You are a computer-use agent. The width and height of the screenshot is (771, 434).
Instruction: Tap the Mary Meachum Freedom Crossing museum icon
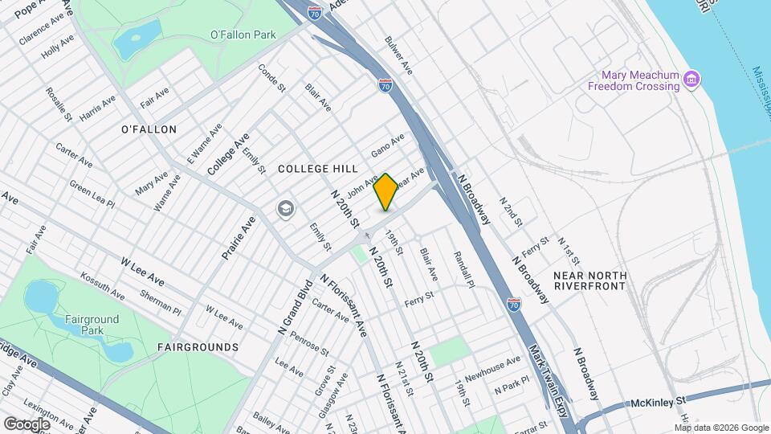point(691,80)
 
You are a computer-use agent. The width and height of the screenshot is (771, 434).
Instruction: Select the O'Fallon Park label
point(243,35)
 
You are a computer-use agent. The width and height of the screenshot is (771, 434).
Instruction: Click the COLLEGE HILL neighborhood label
point(316,169)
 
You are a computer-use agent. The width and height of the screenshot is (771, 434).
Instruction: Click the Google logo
point(27,424)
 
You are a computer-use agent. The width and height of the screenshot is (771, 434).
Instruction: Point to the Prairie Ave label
point(239,236)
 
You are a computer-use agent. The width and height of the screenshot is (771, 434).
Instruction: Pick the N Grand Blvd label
point(294,308)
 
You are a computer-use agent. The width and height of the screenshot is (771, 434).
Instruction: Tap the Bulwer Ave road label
point(398,55)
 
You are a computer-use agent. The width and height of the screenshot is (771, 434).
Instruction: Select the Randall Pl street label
point(464,268)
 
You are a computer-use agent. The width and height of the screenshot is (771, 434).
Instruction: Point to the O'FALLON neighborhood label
point(149,129)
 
